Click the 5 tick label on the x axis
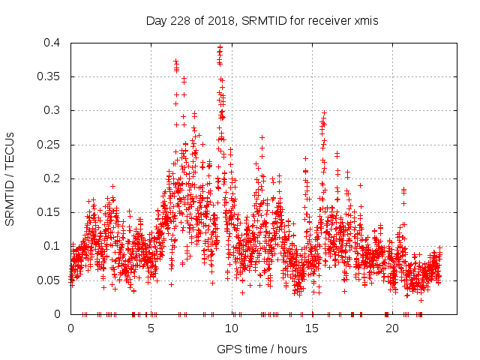(x=151, y=328)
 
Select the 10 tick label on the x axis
(x=231, y=328)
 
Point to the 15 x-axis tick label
(x=311, y=328)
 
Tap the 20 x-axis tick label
(x=392, y=328)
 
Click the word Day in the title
(x=155, y=21)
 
